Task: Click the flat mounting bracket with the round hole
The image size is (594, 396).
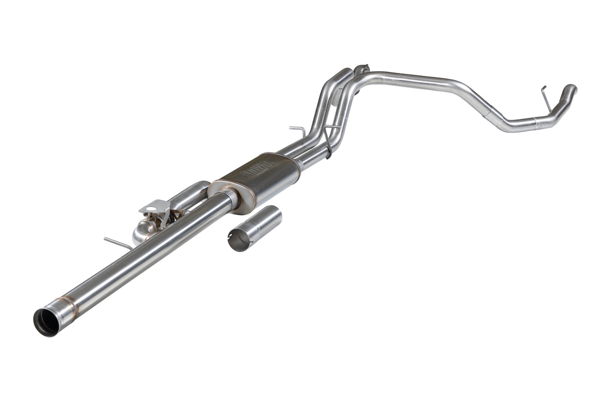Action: pos(156,209)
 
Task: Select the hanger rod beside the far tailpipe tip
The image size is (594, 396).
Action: pos(546,97)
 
